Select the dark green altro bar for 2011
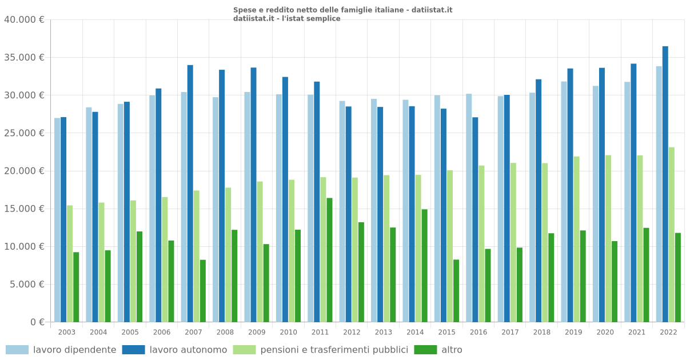pos(329,260)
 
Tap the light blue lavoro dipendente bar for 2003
pos(57,220)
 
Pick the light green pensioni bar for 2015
pos(450,246)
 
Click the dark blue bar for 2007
pos(190,194)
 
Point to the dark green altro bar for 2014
pos(424,266)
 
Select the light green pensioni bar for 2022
pos(672,235)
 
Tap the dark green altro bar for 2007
pos(203,291)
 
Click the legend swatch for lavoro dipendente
pos(17,350)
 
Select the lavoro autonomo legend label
pos(188,350)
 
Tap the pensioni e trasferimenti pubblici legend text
pos(334,350)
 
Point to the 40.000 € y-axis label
pos(24,19)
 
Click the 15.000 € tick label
pos(24,209)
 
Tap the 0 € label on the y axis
pos(38,322)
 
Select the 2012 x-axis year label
pos(352,332)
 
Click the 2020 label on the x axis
pos(605,332)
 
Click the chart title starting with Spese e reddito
pos(342,10)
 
